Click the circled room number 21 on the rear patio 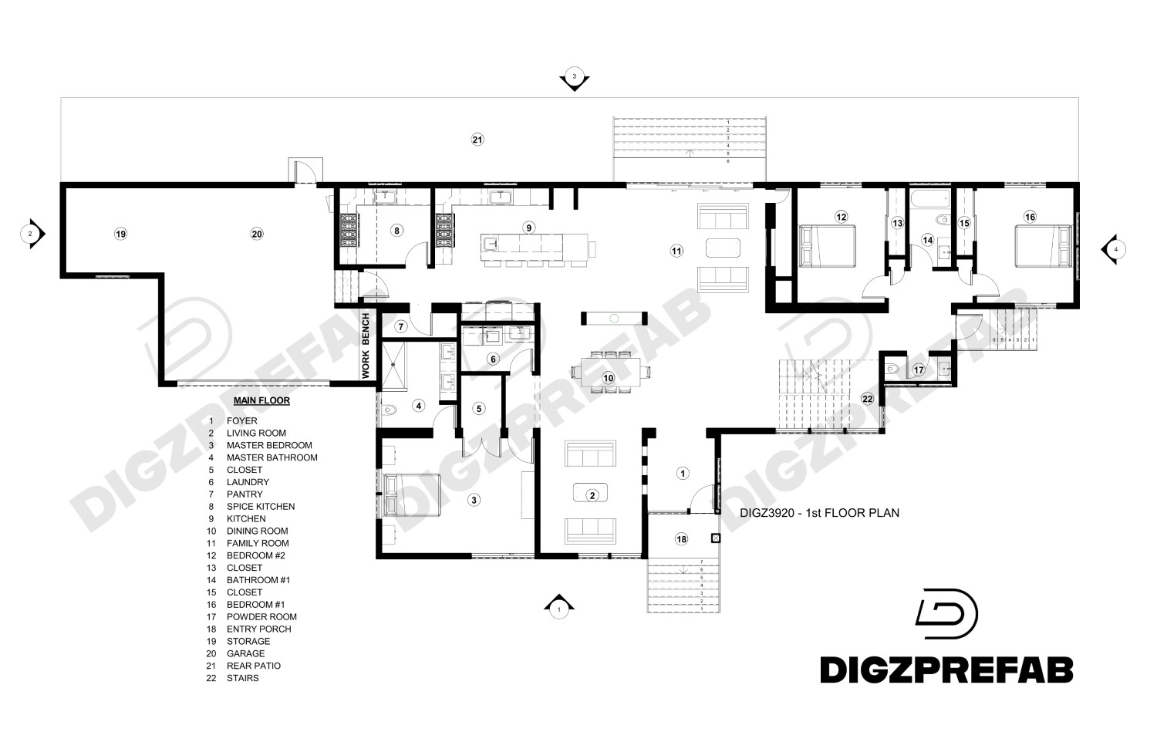click(477, 140)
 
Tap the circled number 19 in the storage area click(120, 234)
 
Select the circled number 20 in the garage click(257, 234)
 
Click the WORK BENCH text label click(366, 345)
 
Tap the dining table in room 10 click(609, 372)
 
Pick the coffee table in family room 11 click(723, 248)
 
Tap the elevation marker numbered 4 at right click(1113, 248)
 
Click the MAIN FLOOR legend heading click(261, 401)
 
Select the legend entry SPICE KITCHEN click(260, 507)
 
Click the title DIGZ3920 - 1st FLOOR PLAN click(819, 512)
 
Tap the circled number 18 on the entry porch click(681, 539)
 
